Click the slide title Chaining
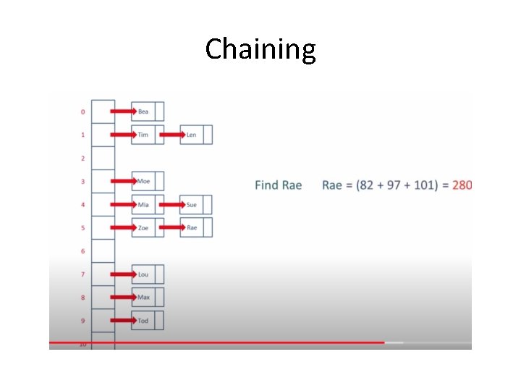[x=260, y=49]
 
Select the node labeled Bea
[x=144, y=112]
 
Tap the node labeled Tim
[x=143, y=135]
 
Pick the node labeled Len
[x=192, y=135]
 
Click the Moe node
[x=143, y=181]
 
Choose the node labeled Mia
[x=143, y=205]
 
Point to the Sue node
[x=192, y=205]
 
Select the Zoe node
[x=143, y=228]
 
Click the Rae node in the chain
[x=192, y=228]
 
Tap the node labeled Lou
[x=143, y=274]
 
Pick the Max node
[x=143, y=298]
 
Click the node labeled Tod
[x=143, y=321]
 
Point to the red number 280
[x=462, y=185]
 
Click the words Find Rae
[x=278, y=185]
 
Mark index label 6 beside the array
[x=82, y=251]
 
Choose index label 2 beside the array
[x=82, y=158]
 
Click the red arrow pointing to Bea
[x=122, y=112]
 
